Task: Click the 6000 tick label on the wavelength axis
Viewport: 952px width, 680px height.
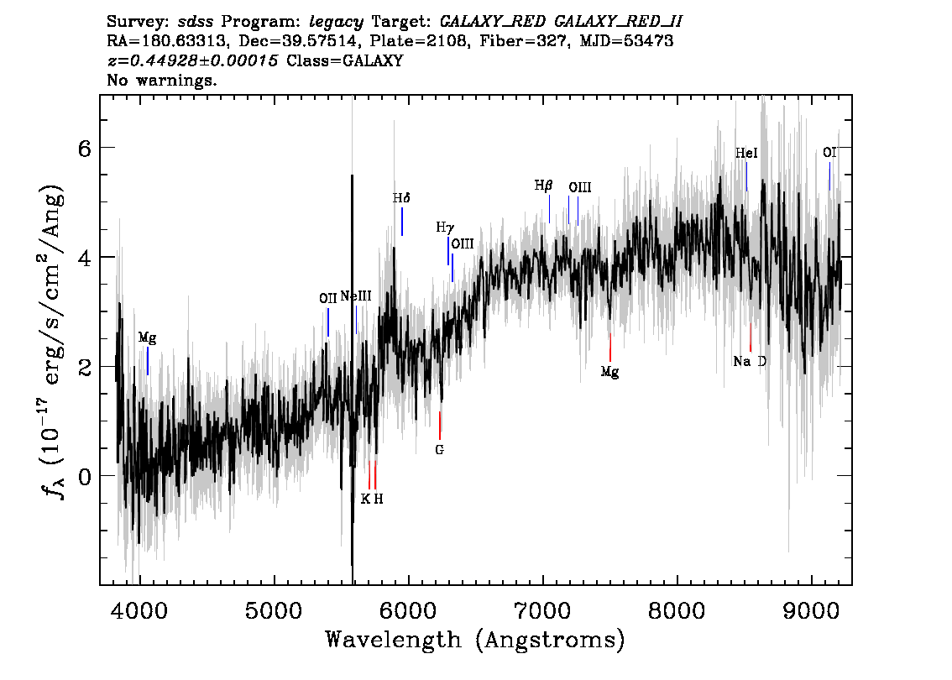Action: point(408,610)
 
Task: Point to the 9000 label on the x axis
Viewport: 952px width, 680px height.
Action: point(810,610)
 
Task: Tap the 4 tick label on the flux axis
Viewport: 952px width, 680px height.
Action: point(85,258)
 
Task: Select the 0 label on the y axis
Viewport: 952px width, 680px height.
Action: point(85,477)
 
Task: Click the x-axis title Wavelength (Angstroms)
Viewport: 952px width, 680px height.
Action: point(475,640)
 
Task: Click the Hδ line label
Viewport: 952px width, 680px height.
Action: point(401,198)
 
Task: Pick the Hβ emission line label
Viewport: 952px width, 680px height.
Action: point(543,186)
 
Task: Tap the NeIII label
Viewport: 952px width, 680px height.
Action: point(356,296)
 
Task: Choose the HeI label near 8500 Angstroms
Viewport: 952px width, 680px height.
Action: point(746,153)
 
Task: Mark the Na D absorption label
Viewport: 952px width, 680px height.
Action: point(750,361)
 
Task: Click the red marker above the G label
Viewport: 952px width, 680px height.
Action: point(440,425)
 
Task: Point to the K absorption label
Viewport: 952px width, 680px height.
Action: point(365,499)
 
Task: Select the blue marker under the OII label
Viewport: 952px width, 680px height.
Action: point(328,322)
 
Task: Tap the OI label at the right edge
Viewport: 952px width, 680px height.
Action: point(829,153)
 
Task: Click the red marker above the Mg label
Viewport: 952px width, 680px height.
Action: point(610,348)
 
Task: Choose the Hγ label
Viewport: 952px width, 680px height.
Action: point(445,228)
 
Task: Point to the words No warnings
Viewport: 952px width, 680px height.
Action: point(161,80)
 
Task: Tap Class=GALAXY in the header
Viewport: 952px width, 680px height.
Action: point(345,60)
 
